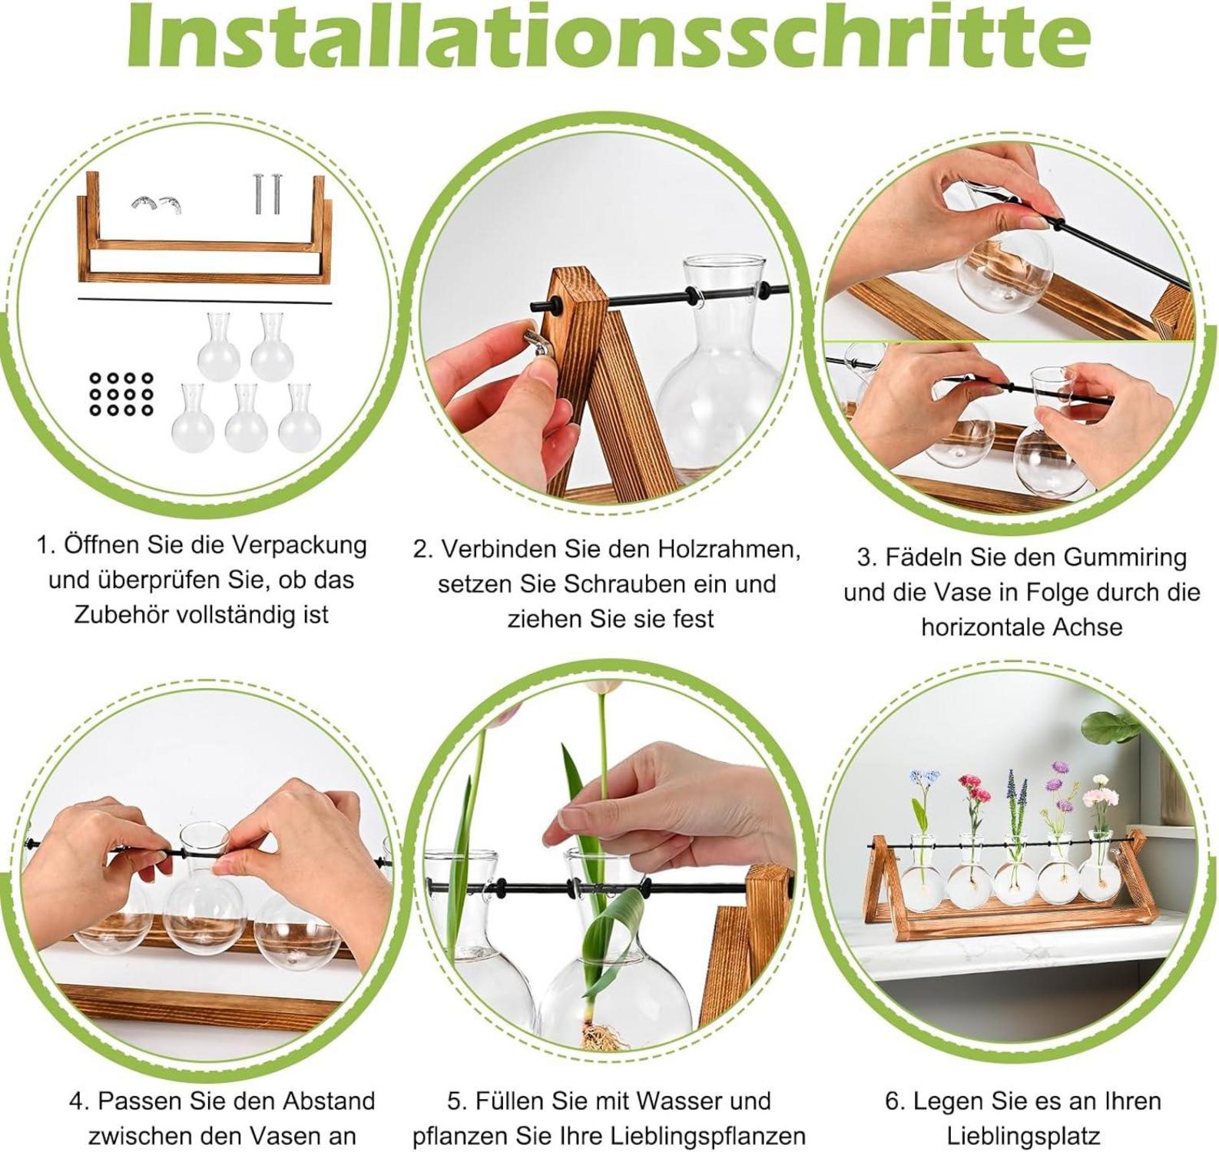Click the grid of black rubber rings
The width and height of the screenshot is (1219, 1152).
(x=121, y=394)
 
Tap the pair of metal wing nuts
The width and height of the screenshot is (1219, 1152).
(x=156, y=204)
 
